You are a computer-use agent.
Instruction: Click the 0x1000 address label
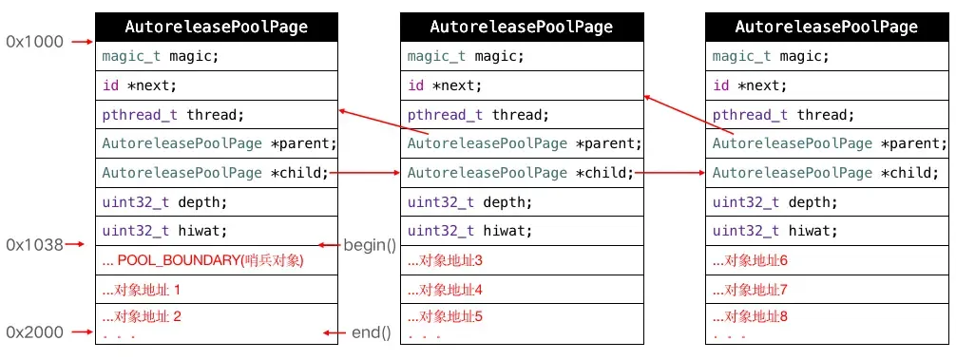tap(33, 42)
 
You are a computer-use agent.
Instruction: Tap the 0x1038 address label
tap(33, 245)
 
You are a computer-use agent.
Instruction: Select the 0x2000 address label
tap(33, 332)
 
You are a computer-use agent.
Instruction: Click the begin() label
tap(369, 245)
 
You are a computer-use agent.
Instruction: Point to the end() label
tap(371, 332)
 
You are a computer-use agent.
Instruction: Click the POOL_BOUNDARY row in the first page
tap(217, 259)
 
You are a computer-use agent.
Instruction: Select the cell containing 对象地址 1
tap(217, 289)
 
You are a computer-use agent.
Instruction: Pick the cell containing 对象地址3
tap(522, 259)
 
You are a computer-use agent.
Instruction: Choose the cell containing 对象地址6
tap(827, 259)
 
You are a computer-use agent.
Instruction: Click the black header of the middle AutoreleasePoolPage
tap(522, 27)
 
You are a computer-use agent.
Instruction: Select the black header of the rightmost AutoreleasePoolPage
tap(827, 27)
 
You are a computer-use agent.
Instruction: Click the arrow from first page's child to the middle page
tap(369, 173)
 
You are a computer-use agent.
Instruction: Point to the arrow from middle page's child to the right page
tap(674, 173)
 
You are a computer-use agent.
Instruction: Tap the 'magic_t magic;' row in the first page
tap(217, 56)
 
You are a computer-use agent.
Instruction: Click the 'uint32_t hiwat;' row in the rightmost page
tap(827, 230)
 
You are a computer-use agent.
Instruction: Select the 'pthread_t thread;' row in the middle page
tap(522, 115)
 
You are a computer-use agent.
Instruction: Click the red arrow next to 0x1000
tap(81, 42)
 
